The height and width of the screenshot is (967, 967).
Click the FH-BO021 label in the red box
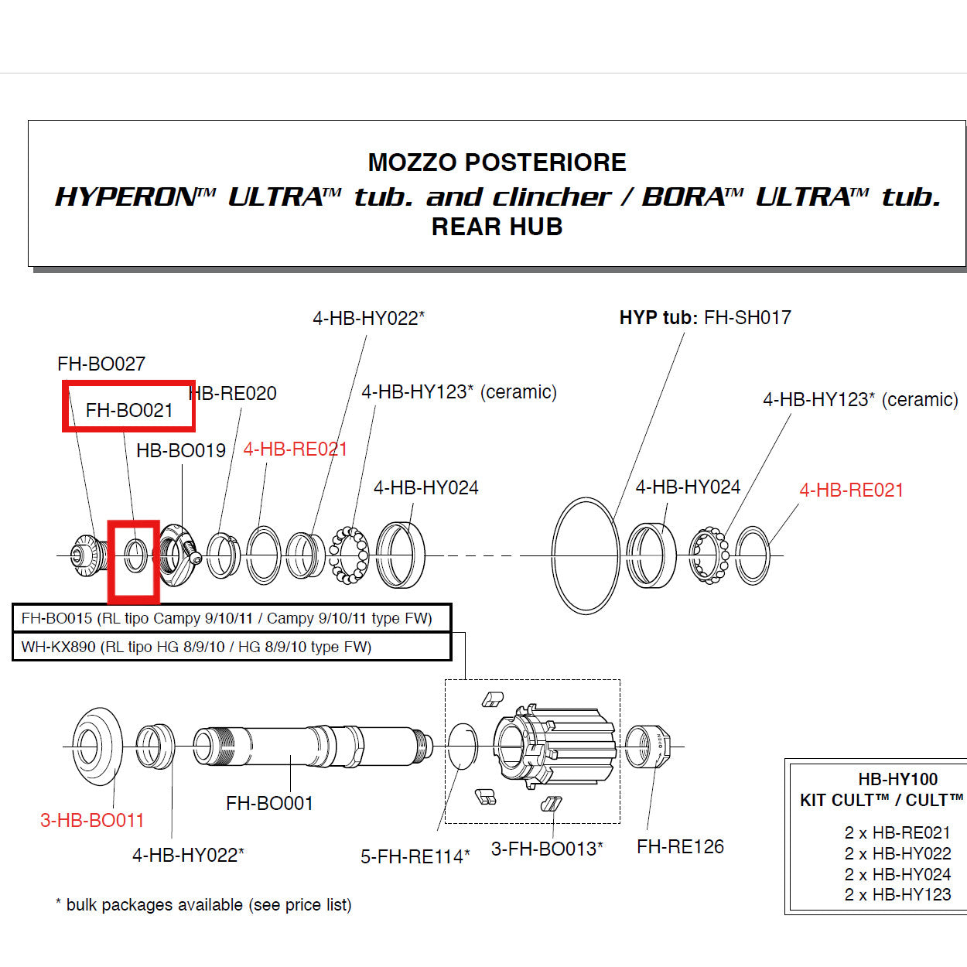coord(129,410)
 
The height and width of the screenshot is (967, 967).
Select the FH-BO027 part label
coord(101,364)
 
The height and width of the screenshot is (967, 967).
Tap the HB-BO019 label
coord(181,450)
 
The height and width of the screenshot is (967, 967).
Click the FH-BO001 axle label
coord(269,804)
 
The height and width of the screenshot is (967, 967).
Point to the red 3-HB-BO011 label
coord(92,820)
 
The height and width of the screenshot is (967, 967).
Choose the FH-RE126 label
coord(680,847)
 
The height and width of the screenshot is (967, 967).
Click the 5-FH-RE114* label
coord(415,856)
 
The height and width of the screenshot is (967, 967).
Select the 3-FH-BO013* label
coord(547,849)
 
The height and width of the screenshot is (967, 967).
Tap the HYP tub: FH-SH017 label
coord(705,317)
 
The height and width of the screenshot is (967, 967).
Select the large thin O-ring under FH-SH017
coord(586,555)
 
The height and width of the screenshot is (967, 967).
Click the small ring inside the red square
coord(135,555)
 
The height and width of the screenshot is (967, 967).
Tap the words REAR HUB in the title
coord(497,227)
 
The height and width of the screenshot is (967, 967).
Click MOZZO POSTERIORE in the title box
coord(497,162)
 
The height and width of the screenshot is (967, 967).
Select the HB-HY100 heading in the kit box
coord(897,779)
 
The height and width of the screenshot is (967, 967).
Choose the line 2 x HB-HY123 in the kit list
coord(897,895)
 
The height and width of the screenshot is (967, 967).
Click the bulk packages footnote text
coord(203,904)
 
